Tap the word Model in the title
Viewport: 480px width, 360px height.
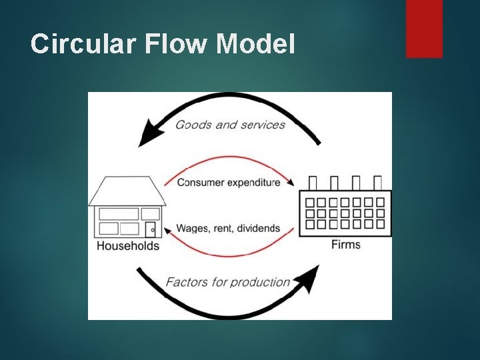click(x=255, y=44)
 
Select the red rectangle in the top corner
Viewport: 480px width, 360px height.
click(x=424, y=29)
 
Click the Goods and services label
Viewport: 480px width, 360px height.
click(x=230, y=125)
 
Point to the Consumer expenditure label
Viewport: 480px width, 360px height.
click(x=229, y=183)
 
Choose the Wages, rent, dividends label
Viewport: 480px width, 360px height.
click(x=228, y=228)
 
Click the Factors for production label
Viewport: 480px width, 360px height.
click(x=227, y=282)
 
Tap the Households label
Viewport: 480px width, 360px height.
click(x=128, y=246)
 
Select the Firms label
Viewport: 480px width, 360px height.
click(x=345, y=245)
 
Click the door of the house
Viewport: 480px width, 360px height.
click(x=151, y=229)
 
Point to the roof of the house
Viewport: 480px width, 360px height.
click(x=127, y=191)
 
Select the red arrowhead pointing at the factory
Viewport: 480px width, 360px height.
click(x=291, y=181)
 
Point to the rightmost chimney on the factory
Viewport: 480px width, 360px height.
click(x=378, y=183)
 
